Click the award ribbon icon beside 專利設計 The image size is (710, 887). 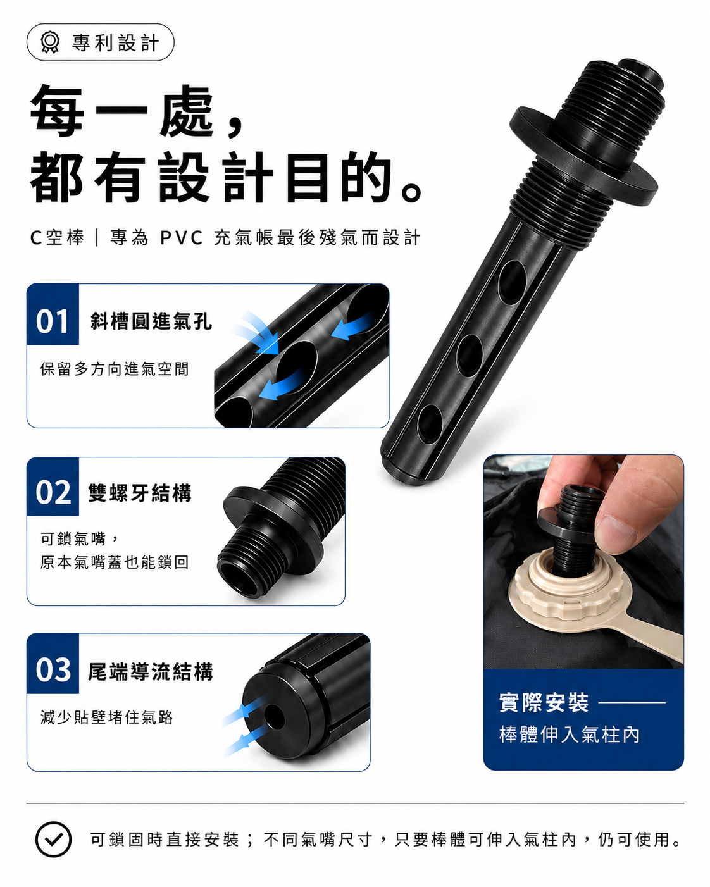point(50,42)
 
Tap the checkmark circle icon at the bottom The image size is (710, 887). point(53,839)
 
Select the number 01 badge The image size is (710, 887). point(53,314)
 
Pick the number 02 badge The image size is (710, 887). point(53,487)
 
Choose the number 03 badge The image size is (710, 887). point(53,663)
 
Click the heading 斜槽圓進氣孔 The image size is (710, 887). point(151,321)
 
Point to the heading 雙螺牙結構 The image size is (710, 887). point(140,493)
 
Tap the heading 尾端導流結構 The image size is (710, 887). point(151,672)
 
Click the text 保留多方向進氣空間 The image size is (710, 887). point(115,369)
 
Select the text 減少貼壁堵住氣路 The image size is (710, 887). point(107,717)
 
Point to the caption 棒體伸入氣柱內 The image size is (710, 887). point(570,735)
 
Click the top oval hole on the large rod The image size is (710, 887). point(512,282)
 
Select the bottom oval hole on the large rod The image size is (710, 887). point(430,424)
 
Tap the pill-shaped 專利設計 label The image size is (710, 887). point(101,42)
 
